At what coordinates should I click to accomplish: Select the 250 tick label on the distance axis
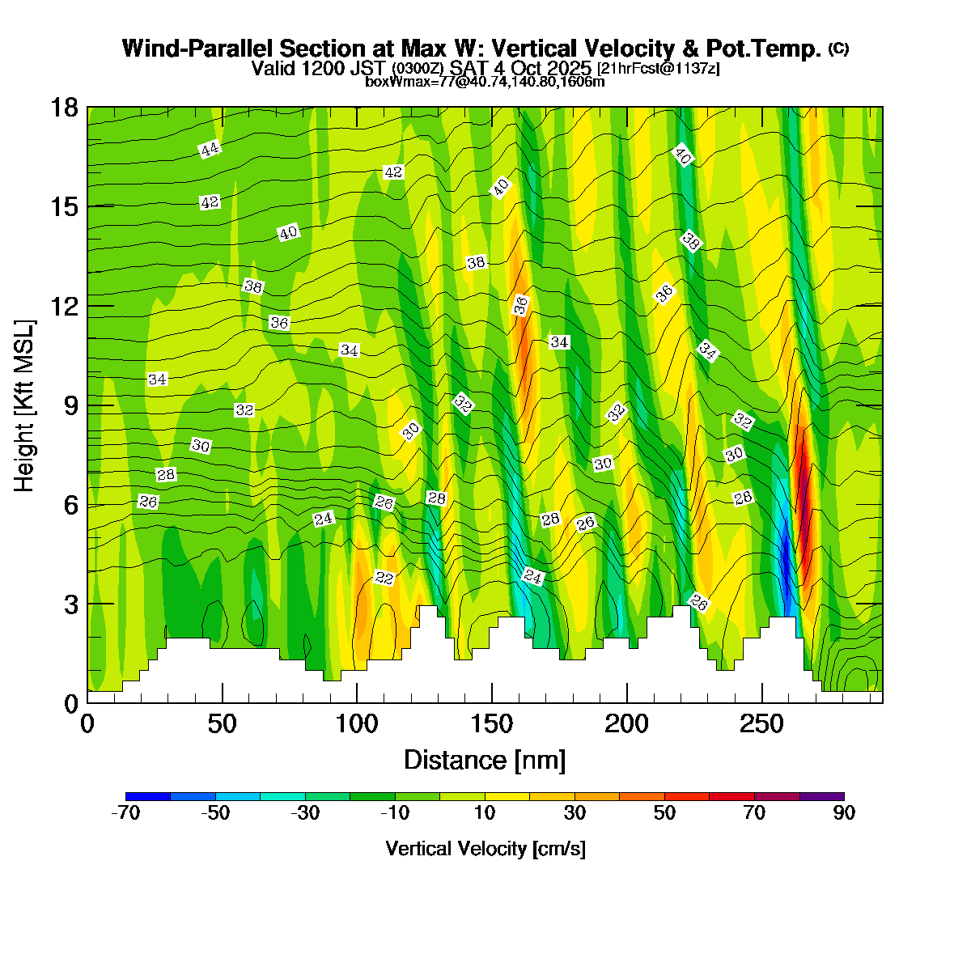coord(762,723)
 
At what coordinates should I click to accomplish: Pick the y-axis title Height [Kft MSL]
coord(25,405)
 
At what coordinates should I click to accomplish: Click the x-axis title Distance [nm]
coord(485,761)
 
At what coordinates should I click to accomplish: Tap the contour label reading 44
coord(210,149)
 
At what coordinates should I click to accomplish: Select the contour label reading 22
coord(384,578)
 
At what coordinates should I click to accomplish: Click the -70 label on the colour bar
coord(125,814)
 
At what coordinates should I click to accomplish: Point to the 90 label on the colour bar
coord(844,814)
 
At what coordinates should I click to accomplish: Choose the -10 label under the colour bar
coord(395,814)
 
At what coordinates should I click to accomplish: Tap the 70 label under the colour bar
coord(754,814)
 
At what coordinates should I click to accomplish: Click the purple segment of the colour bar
coord(821,796)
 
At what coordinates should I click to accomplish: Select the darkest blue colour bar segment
coord(148,796)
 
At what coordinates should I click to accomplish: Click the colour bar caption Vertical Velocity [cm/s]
coord(485,849)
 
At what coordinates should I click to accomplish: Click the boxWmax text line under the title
coord(485,82)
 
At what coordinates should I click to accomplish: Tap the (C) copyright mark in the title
coord(838,49)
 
